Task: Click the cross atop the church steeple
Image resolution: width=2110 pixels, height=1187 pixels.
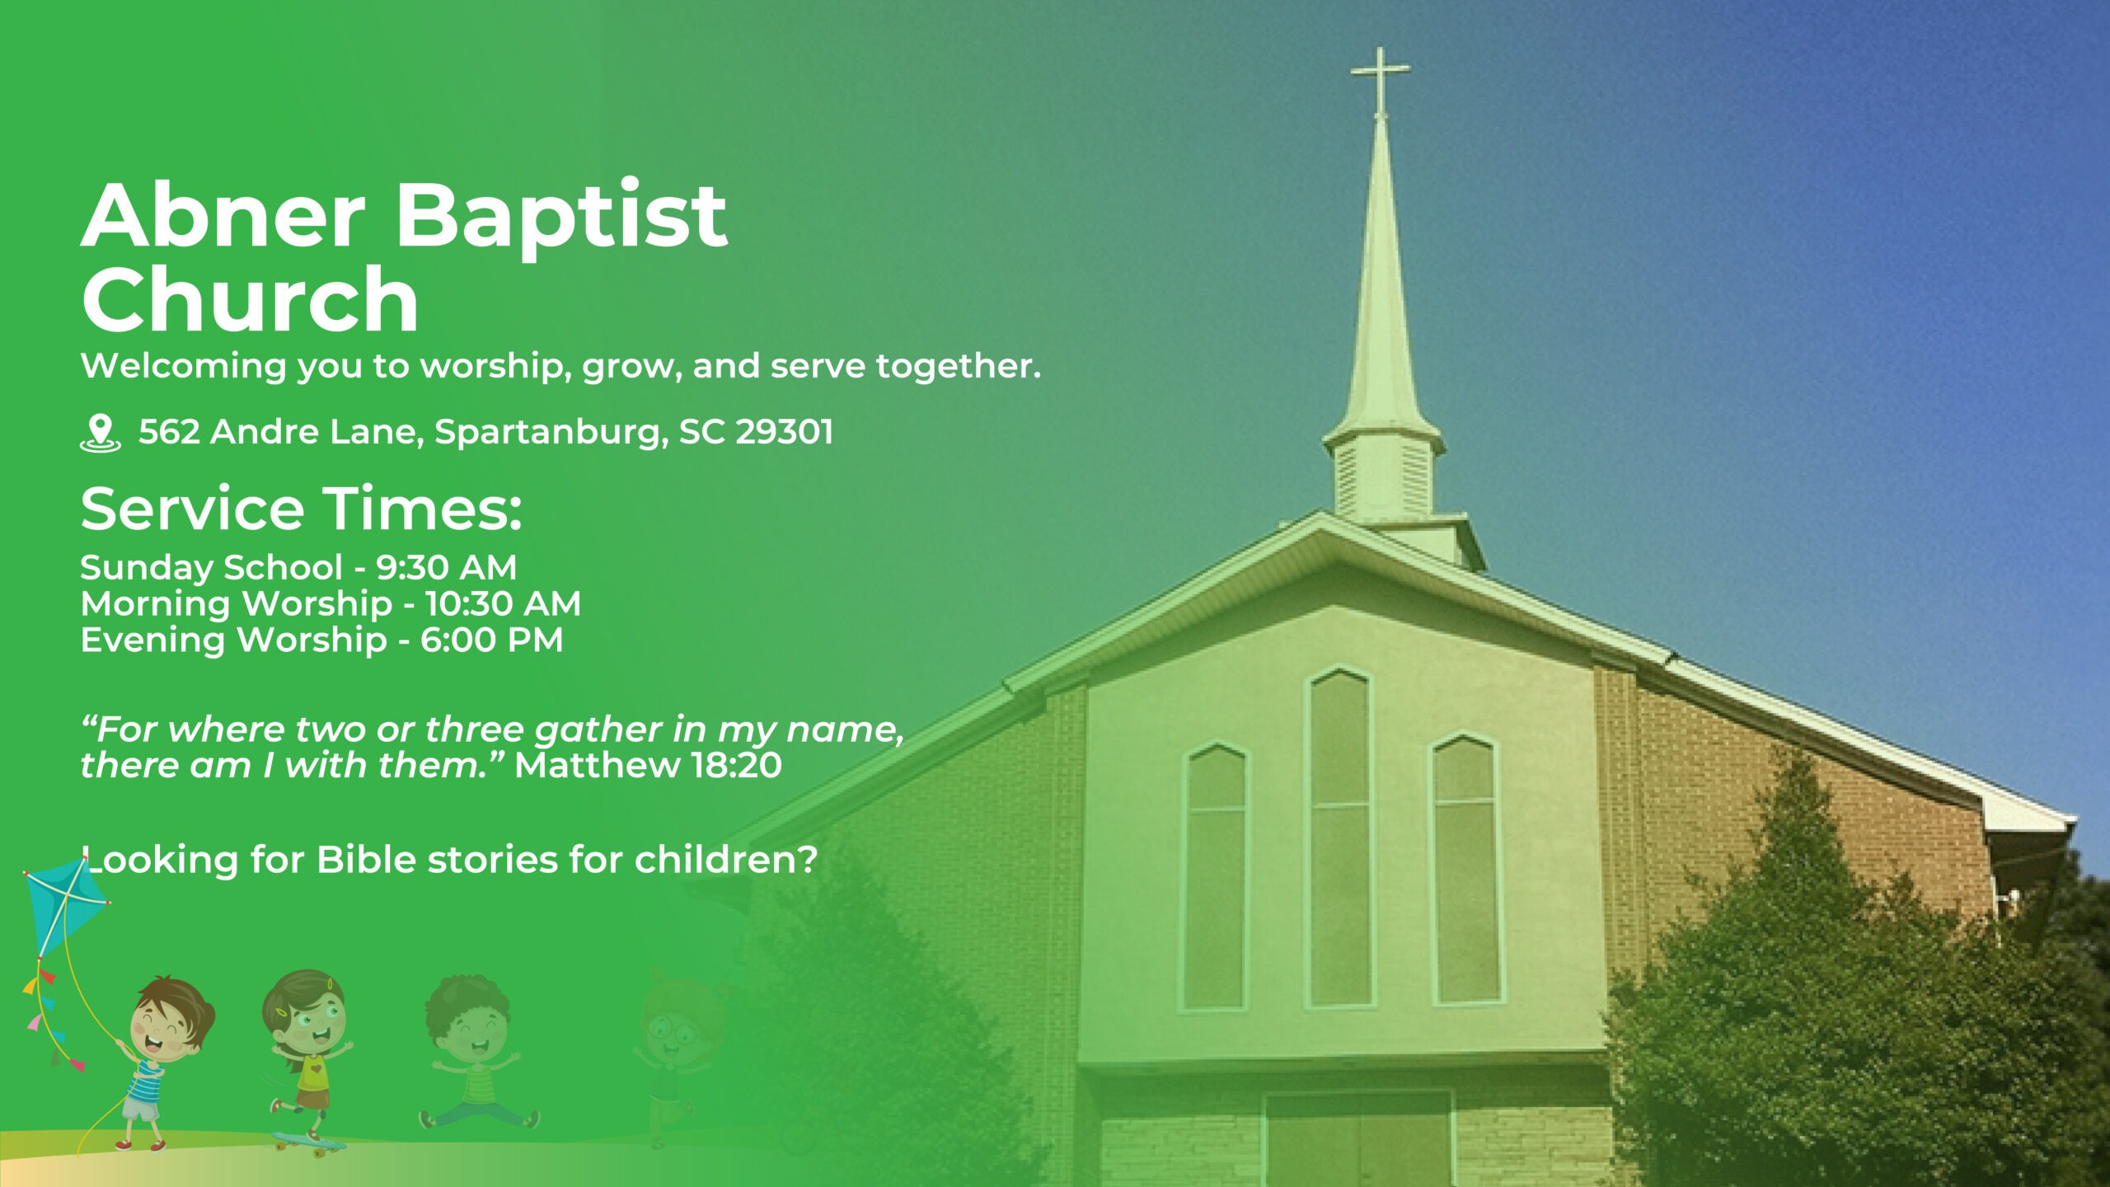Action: [x=1380, y=78]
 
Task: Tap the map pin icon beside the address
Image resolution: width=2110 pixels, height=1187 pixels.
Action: [x=100, y=433]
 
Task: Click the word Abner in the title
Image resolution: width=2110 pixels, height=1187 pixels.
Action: [x=223, y=216]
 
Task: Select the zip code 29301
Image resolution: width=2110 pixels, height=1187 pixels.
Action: [x=784, y=432]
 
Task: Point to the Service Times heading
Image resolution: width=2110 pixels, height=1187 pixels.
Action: [x=302, y=508]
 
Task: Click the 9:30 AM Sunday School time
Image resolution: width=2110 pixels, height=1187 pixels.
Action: [x=447, y=567]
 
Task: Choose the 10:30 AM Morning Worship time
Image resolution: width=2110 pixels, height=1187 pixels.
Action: [x=503, y=603]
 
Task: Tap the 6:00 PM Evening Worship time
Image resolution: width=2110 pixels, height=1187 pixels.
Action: [x=492, y=640]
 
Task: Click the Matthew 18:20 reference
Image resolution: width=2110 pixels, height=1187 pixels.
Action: [x=648, y=766]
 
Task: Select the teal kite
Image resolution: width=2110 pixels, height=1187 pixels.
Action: [x=64, y=905]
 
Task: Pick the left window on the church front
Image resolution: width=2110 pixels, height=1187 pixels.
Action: [x=1215, y=878]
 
